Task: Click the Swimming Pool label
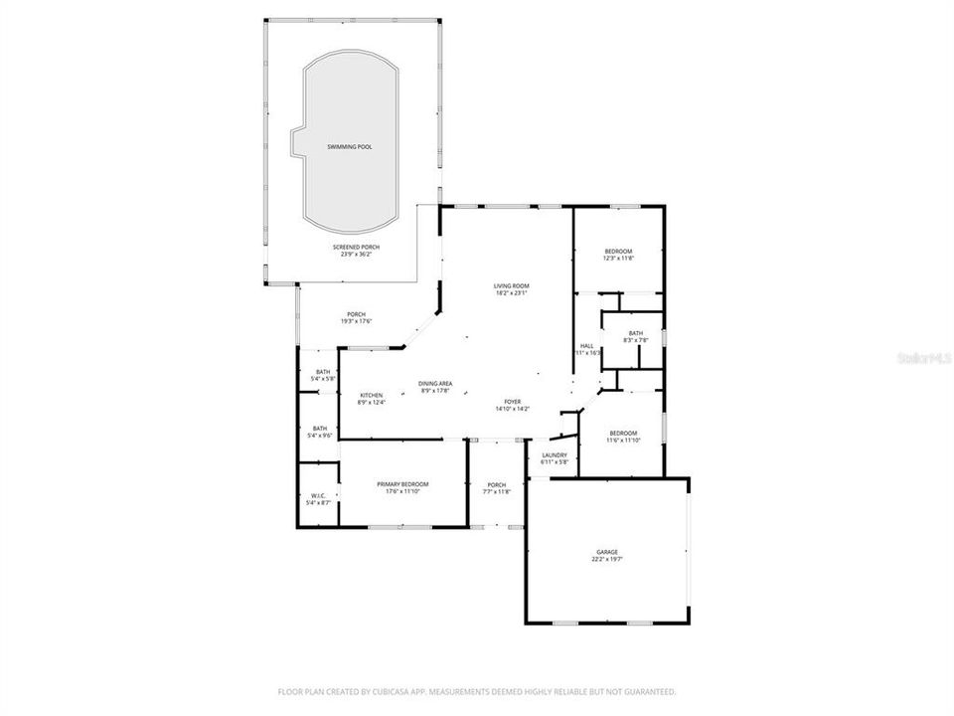350,146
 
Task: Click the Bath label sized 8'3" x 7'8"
636,336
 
